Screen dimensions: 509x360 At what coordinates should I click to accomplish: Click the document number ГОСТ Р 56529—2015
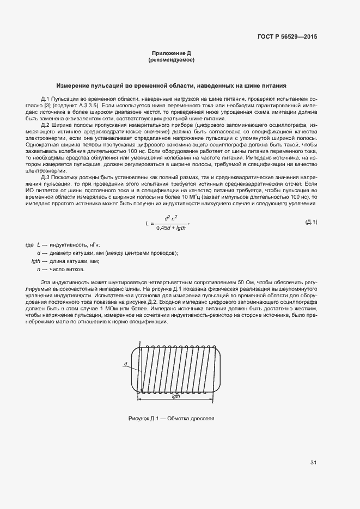(x=287, y=37)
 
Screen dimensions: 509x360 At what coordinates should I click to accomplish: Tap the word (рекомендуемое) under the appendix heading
(x=171, y=60)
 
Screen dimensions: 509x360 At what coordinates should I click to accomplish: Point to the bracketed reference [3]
(x=48, y=103)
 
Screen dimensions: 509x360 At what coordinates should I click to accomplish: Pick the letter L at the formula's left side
(x=147, y=223)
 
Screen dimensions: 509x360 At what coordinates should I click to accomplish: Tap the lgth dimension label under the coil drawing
(x=175, y=397)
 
